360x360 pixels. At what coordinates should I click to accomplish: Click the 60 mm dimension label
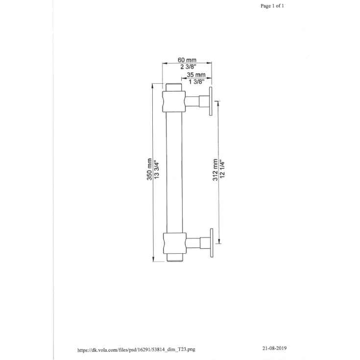(187, 60)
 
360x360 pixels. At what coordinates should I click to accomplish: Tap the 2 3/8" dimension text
(188, 67)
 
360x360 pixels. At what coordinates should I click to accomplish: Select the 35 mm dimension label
(196, 75)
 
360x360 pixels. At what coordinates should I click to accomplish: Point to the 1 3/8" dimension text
(196, 82)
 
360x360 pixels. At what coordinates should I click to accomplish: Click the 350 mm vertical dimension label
(149, 169)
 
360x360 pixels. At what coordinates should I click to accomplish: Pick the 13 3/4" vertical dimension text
(157, 169)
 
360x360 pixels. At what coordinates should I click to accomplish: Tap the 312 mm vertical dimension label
(215, 169)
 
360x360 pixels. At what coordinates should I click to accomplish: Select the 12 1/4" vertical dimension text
(222, 169)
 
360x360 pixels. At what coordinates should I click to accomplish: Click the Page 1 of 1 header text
(272, 6)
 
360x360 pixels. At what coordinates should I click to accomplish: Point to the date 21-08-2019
(274, 348)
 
